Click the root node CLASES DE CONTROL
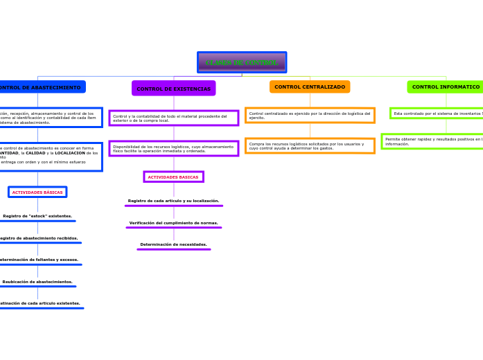[x=241, y=62]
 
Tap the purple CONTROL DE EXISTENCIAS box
[x=173, y=89]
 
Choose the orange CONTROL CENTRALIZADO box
[x=309, y=87]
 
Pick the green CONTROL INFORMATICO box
[x=445, y=87]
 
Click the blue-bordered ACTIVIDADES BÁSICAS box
[x=37, y=192]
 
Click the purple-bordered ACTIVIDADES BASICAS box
[x=173, y=177]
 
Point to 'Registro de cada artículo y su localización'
[x=173, y=201]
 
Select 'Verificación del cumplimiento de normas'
[x=173, y=223]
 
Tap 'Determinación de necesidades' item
[x=173, y=244]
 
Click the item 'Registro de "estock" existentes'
[x=37, y=216]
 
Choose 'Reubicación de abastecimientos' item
[x=37, y=282]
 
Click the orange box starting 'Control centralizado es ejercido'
[x=310, y=115]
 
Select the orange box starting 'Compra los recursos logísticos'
[x=310, y=145]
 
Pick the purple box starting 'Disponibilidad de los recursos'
[x=173, y=148]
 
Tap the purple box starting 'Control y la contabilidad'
[x=173, y=118]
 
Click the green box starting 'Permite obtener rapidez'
[x=432, y=141]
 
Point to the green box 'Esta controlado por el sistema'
[x=437, y=113]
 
